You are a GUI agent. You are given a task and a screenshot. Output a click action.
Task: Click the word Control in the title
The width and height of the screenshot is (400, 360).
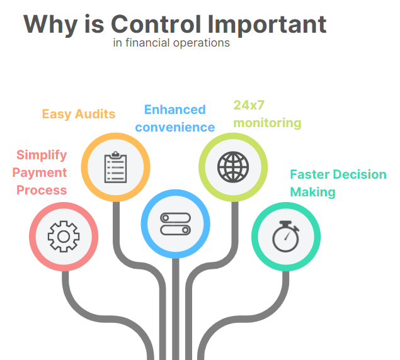pos(156,24)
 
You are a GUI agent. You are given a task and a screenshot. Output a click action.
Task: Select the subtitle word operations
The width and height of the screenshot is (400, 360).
pos(202,43)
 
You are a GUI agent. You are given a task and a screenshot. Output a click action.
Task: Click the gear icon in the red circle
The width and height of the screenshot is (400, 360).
pos(64,237)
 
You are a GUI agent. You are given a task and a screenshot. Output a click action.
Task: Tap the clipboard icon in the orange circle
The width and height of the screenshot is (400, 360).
pos(115,167)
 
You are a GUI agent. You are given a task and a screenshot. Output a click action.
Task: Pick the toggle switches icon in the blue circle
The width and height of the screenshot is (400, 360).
pos(176,224)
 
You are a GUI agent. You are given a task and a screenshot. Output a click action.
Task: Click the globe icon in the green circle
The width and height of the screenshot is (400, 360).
pos(233,167)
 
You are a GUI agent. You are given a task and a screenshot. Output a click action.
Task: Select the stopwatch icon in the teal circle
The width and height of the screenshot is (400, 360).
pos(286,237)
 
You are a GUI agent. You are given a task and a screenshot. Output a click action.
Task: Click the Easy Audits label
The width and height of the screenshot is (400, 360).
pos(79,114)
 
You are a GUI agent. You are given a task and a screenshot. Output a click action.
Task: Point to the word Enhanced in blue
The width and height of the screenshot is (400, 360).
pos(175,110)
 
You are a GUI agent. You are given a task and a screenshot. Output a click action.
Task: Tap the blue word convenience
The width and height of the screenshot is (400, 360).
pos(175,127)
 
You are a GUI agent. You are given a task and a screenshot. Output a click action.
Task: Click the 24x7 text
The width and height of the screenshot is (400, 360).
pos(249,105)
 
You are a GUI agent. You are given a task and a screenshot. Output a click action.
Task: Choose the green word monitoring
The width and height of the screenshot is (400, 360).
pos(267,123)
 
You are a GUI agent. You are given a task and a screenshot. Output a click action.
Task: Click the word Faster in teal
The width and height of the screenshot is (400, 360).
pos(310,174)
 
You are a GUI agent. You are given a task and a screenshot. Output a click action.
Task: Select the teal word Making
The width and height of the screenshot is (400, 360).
pos(312,192)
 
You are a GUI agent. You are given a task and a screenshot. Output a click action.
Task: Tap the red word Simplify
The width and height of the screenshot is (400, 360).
pos(42,155)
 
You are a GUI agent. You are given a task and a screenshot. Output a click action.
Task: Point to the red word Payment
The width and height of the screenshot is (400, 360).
pos(40,173)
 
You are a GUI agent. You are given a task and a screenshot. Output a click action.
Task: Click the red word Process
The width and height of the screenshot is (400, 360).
pos(42,190)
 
